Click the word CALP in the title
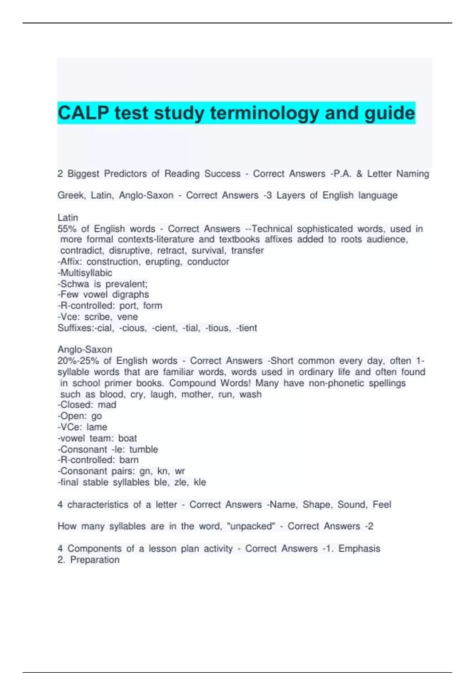pos(84,113)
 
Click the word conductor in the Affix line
pos(208,262)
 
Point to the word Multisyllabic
pos(86,273)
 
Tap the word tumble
pos(144,449)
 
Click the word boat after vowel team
pos(127,438)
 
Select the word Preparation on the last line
pos(95,560)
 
